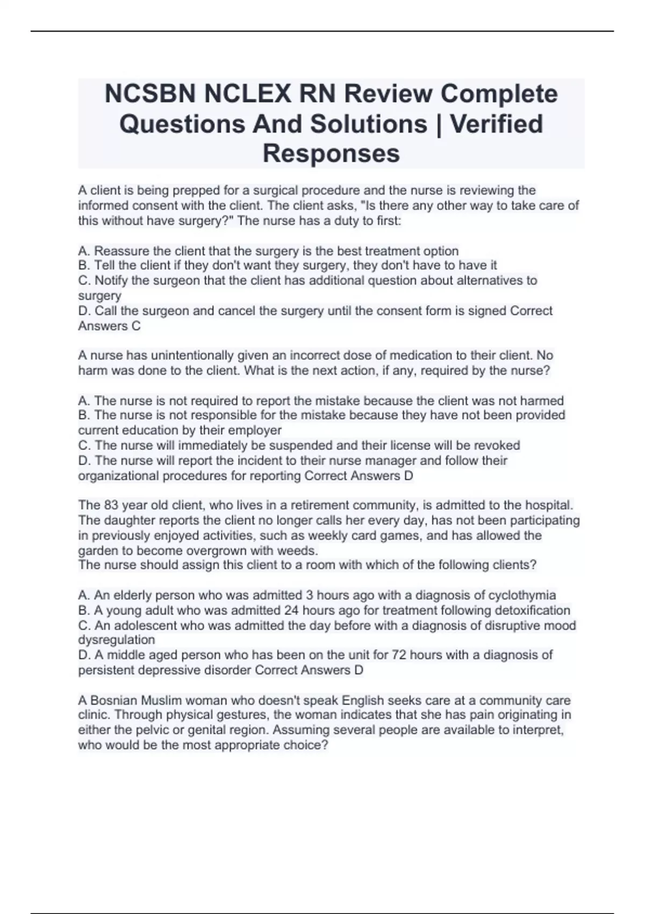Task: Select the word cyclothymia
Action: (521, 595)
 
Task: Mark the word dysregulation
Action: (116, 640)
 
